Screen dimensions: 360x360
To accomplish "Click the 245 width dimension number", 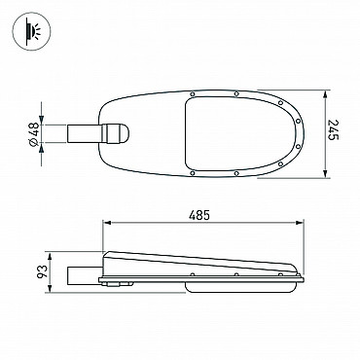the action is [334, 130].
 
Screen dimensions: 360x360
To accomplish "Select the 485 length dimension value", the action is [199, 215].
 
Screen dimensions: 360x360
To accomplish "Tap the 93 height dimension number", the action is [42, 271].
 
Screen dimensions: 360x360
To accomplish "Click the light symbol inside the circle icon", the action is [31, 31].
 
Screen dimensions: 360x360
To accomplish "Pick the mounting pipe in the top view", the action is [85, 133].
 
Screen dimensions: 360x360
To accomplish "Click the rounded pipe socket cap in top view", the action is [116, 133].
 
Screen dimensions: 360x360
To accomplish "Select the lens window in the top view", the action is [239, 133].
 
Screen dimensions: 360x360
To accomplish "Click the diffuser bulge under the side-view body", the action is [242, 287].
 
